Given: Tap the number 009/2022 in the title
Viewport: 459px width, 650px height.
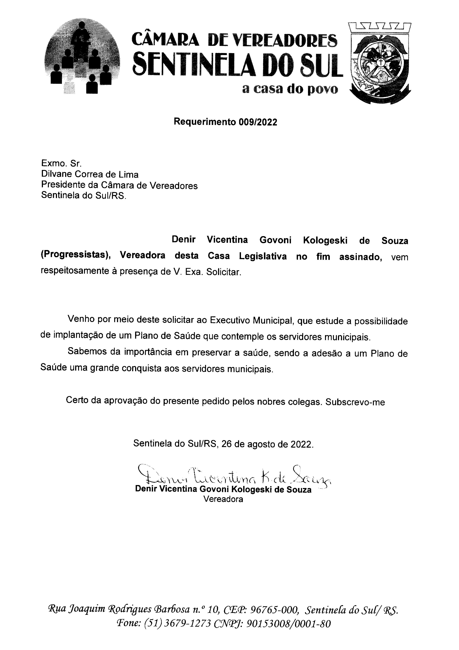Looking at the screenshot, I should pyautogui.click(x=258, y=122).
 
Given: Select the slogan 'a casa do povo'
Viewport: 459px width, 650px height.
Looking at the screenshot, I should pyautogui.click(x=290, y=89).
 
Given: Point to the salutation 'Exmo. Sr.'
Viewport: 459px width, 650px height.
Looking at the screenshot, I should pyautogui.click(x=61, y=163).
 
